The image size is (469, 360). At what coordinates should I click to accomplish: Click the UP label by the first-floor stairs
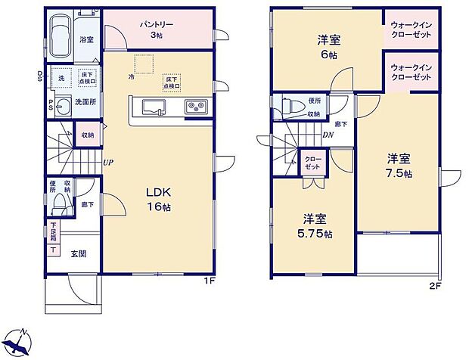point(109,162)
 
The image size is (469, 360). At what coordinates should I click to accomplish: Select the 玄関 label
point(79,253)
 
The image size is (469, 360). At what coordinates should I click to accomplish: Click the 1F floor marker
point(210,284)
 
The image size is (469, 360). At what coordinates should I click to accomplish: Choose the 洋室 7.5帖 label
point(399,166)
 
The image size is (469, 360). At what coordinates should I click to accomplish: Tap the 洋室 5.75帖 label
point(316,225)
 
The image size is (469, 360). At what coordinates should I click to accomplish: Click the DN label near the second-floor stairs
point(328,135)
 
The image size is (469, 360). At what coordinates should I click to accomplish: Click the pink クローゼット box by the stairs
point(312,162)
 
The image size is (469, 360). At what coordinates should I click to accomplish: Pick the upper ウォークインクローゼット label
point(411,29)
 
